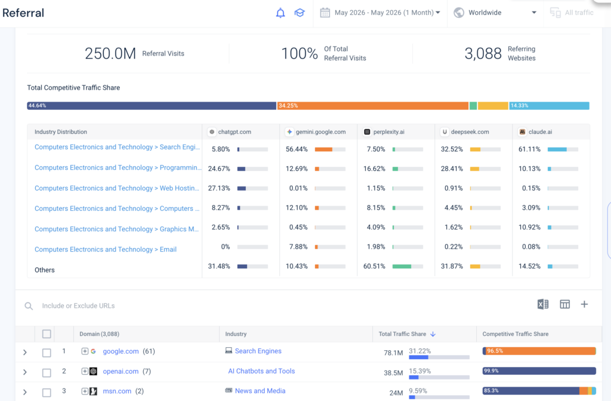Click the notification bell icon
pos(280,13)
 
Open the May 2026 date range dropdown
pos(380,13)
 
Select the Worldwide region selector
pos(495,13)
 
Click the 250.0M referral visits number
pos(110,54)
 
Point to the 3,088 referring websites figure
pos(483,54)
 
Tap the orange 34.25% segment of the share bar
pos(372,106)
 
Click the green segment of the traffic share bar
pos(473,106)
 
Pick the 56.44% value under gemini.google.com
pos(297,149)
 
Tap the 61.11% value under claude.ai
pos(529,149)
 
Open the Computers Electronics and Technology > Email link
pos(106,249)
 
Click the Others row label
pos(44,270)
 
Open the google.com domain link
pos(121,351)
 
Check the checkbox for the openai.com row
pos(47,372)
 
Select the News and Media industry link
pos(260,391)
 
